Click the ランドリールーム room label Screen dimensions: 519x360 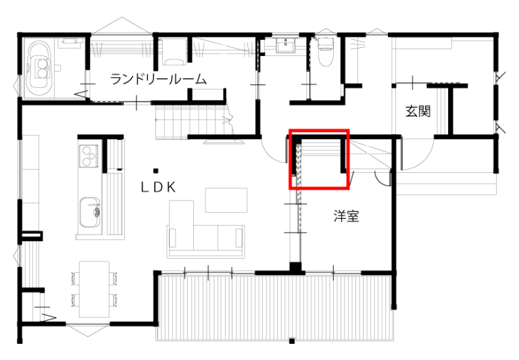click(x=158, y=80)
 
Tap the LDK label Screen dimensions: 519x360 click(x=158, y=188)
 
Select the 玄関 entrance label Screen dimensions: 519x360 click(x=418, y=111)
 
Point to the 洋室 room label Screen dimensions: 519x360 click(x=346, y=215)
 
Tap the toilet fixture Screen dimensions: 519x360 click(x=325, y=52)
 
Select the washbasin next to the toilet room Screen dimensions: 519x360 click(x=285, y=45)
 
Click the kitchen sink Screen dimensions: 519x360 click(x=90, y=212)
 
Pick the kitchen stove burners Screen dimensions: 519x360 click(x=89, y=155)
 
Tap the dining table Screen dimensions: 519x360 click(x=95, y=289)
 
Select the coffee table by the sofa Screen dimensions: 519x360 click(x=226, y=200)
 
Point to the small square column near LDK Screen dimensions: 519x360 click(x=155, y=171)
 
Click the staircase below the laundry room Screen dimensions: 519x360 click(x=195, y=122)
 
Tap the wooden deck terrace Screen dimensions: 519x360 click(x=276, y=308)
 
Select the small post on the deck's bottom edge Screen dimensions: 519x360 click(x=292, y=341)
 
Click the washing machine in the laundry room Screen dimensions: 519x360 click(x=174, y=51)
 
